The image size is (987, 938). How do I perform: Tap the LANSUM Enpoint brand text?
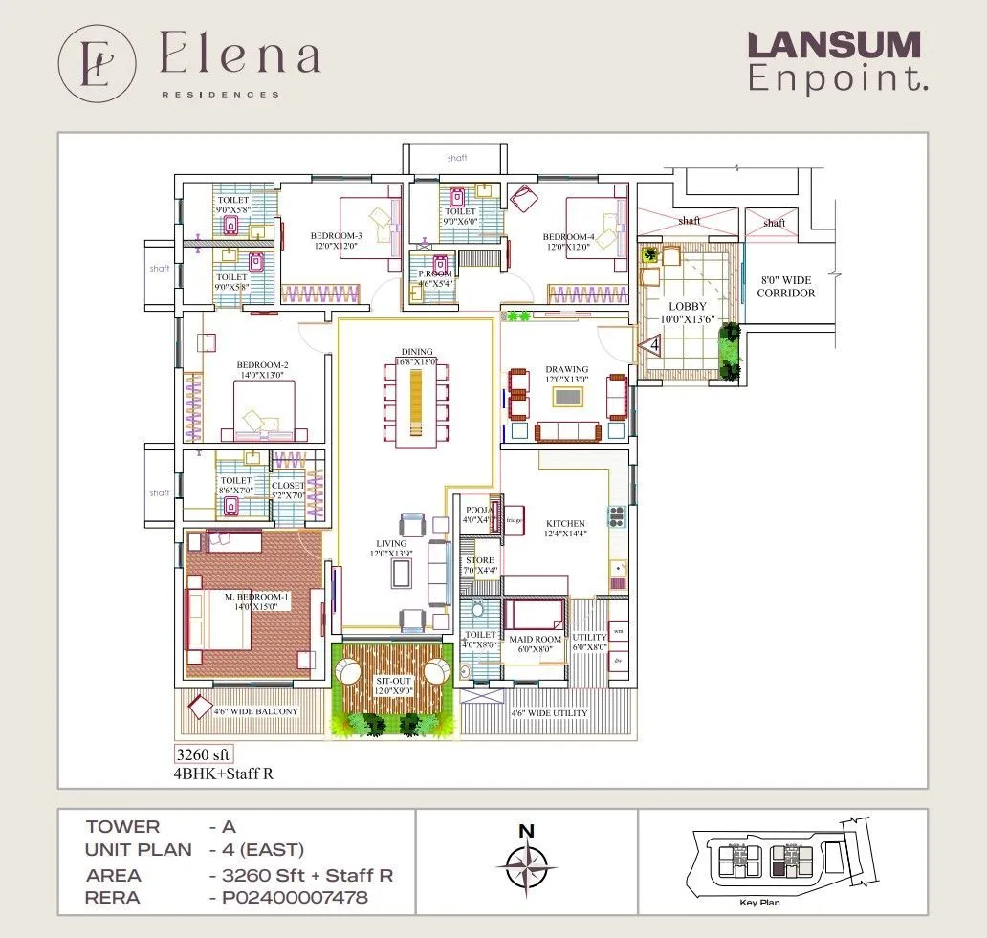point(833,61)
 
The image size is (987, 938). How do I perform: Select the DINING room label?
point(417,351)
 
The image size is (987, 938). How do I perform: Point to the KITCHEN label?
point(565,524)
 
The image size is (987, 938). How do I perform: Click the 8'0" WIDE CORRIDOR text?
point(785,287)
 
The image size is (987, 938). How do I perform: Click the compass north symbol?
point(526,864)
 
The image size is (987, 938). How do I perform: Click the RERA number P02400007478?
point(288,898)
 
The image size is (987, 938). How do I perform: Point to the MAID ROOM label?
point(535,640)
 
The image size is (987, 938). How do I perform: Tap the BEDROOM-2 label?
point(262,365)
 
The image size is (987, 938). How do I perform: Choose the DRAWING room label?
point(566,369)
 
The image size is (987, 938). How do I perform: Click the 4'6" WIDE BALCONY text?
point(255,711)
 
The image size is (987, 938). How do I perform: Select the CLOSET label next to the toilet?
point(288,486)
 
